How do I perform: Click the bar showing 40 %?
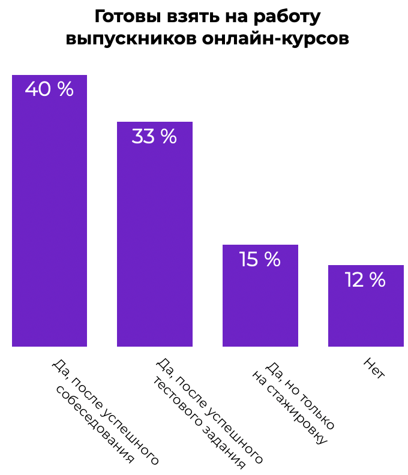[x=49, y=211]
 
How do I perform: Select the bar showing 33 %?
[x=155, y=234]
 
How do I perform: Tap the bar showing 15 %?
[x=260, y=295]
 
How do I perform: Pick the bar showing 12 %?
[x=366, y=306]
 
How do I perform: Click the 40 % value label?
[x=49, y=89]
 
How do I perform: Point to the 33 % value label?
[x=154, y=136]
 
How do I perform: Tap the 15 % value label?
[x=260, y=259]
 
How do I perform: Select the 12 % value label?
[x=365, y=279]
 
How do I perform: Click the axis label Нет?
[x=374, y=368]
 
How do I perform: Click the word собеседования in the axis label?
[x=95, y=425]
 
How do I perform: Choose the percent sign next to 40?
[x=66, y=89]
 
